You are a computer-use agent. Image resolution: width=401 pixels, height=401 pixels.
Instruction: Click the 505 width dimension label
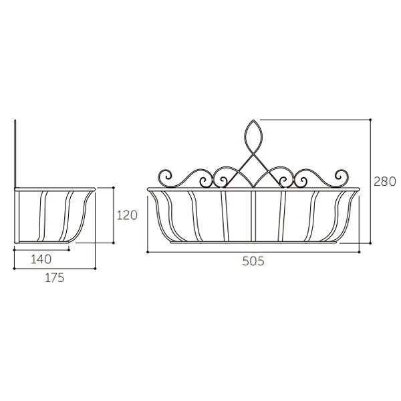253,261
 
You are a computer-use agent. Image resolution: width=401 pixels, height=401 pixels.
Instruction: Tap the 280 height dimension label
385,182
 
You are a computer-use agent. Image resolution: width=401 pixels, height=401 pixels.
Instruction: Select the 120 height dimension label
127,215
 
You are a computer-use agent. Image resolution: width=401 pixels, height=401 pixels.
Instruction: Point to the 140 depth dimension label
41,259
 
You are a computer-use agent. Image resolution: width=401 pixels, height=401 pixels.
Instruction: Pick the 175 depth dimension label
55,278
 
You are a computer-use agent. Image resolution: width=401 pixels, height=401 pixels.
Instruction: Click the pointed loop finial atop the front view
253,137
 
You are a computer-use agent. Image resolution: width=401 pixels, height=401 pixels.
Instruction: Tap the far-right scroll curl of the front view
342,176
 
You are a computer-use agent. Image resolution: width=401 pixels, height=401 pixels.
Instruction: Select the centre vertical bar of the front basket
253,216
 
